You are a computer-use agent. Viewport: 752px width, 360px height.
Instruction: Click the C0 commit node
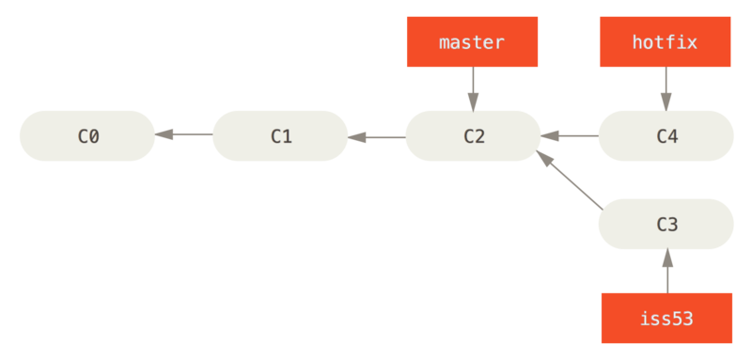click(x=86, y=135)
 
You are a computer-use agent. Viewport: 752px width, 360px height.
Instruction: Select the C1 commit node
click(x=280, y=135)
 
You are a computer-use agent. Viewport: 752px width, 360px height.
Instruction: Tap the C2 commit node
click(x=473, y=135)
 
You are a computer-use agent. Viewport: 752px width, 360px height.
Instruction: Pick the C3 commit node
click(x=666, y=224)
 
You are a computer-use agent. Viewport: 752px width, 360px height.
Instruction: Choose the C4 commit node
click(x=666, y=135)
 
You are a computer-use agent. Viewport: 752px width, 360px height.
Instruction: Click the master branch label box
click(x=472, y=42)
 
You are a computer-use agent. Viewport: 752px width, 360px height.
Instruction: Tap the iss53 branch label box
click(x=666, y=318)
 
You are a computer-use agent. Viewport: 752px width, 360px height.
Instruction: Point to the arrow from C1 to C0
click(x=183, y=135)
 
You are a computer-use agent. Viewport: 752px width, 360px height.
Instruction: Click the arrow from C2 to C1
click(x=376, y=135)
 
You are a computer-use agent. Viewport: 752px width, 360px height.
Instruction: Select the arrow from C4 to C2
click(x=570, y=135)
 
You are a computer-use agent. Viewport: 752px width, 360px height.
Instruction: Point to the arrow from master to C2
click(x=472, y=88)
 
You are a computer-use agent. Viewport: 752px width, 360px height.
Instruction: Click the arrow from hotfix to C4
click(x=666, y=88)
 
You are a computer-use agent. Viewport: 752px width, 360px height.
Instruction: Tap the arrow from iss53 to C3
click(x=666, y=271)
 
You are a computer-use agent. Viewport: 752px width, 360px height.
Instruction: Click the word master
click(x=472, y=42)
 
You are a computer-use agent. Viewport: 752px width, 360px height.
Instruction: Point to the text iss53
click(x=666, y=318)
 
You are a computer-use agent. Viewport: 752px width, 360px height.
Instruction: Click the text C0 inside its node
click(x=87, y=135)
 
